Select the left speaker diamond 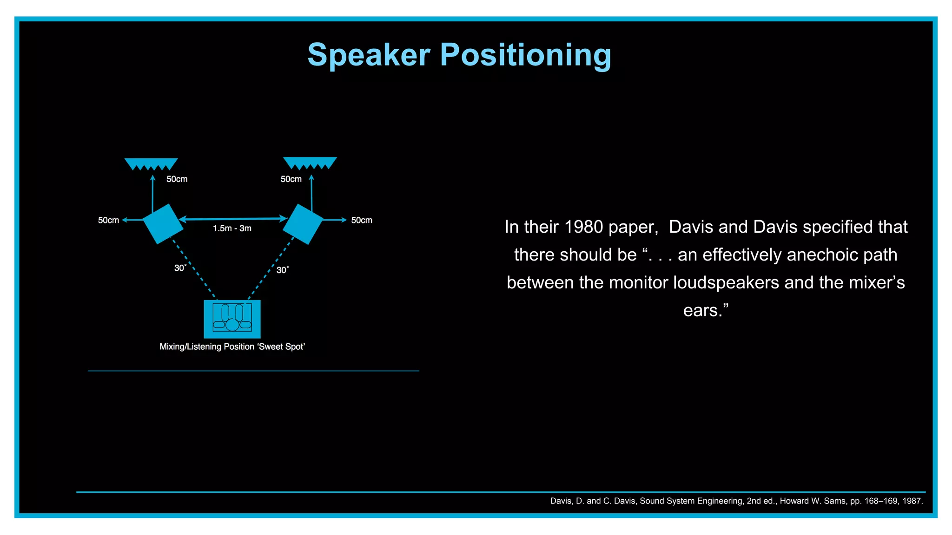(x=163, y=224)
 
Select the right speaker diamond (x=303, y=224)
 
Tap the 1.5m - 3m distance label (x=232, y=228)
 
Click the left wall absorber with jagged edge (x=151, y=163)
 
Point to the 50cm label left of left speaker (x=108, y=220)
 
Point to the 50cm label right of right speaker (x=362, y=220)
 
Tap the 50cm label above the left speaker (x=177, y=179)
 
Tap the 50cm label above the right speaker (x=291, y=179)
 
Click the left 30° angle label (x=180, y=268)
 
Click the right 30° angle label (x=283, y=270)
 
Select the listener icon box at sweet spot (x=232, y=319)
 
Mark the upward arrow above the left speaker (x=152, y=193)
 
